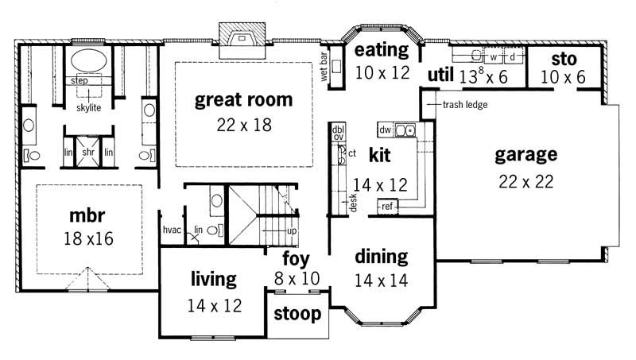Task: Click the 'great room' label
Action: (244, 100)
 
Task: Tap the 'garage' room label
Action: (525, 154)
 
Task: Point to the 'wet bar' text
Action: (324, 72)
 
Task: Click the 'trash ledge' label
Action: (465, 105)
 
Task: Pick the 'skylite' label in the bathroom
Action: (88, 107)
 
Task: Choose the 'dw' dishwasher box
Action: (384, 129)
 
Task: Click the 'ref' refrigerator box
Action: (387, 207)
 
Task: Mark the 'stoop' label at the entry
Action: (297, 314)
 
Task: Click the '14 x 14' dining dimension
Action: (381, 280)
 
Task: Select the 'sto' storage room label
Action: (563, 60)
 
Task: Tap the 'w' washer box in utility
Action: (493, 58)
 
